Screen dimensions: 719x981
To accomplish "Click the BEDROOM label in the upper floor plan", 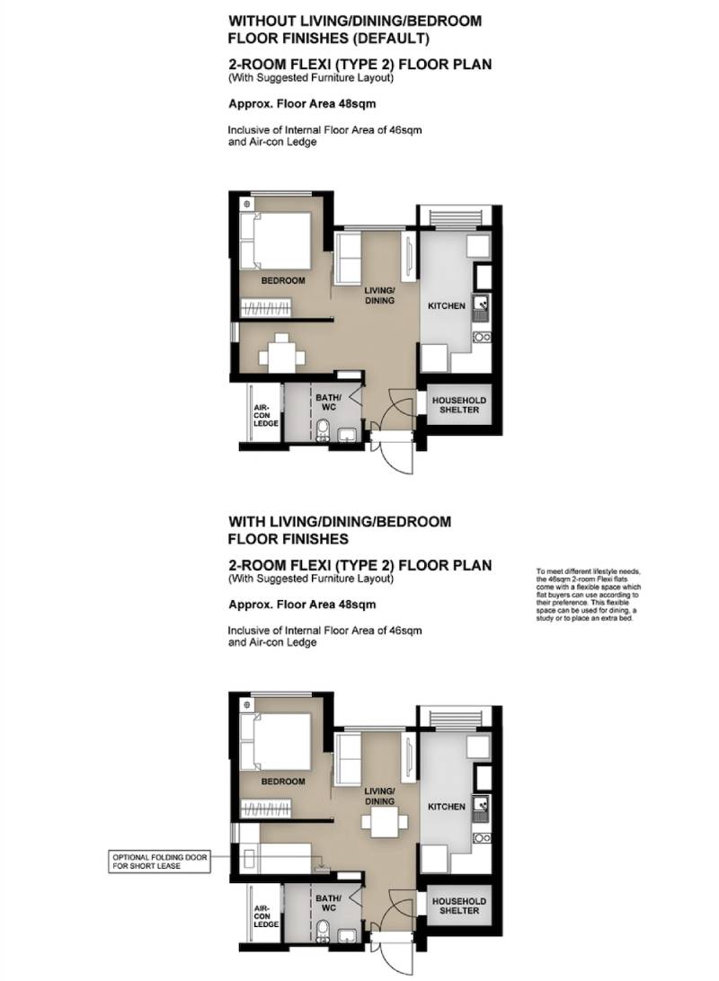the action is tap(283, 281).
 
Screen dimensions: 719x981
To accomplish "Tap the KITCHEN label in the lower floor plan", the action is tap(446, 807).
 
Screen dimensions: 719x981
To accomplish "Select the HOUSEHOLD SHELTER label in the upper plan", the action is tap(458, 405).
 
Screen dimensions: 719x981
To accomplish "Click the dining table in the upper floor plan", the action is tap(282, 355).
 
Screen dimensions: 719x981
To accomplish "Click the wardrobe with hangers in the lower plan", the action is tap(267, 809).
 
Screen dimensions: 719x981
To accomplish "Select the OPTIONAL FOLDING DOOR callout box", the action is tap(160, 862).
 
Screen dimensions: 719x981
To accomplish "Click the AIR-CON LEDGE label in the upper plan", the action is tap(265, 415).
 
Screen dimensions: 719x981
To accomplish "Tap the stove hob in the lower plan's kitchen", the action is tap(482, 838).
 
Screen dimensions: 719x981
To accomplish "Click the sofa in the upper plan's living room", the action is tap(348, 257).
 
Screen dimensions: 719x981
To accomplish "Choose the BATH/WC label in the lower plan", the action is tap(329, 904).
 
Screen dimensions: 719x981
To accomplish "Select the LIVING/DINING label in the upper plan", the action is tap(380, 296).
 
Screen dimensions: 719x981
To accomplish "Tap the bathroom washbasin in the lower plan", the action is tap(346, 936).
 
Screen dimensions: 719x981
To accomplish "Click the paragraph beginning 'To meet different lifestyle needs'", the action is tap(588, 595).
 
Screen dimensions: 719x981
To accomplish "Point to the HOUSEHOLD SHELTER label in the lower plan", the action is tap(458, 906).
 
